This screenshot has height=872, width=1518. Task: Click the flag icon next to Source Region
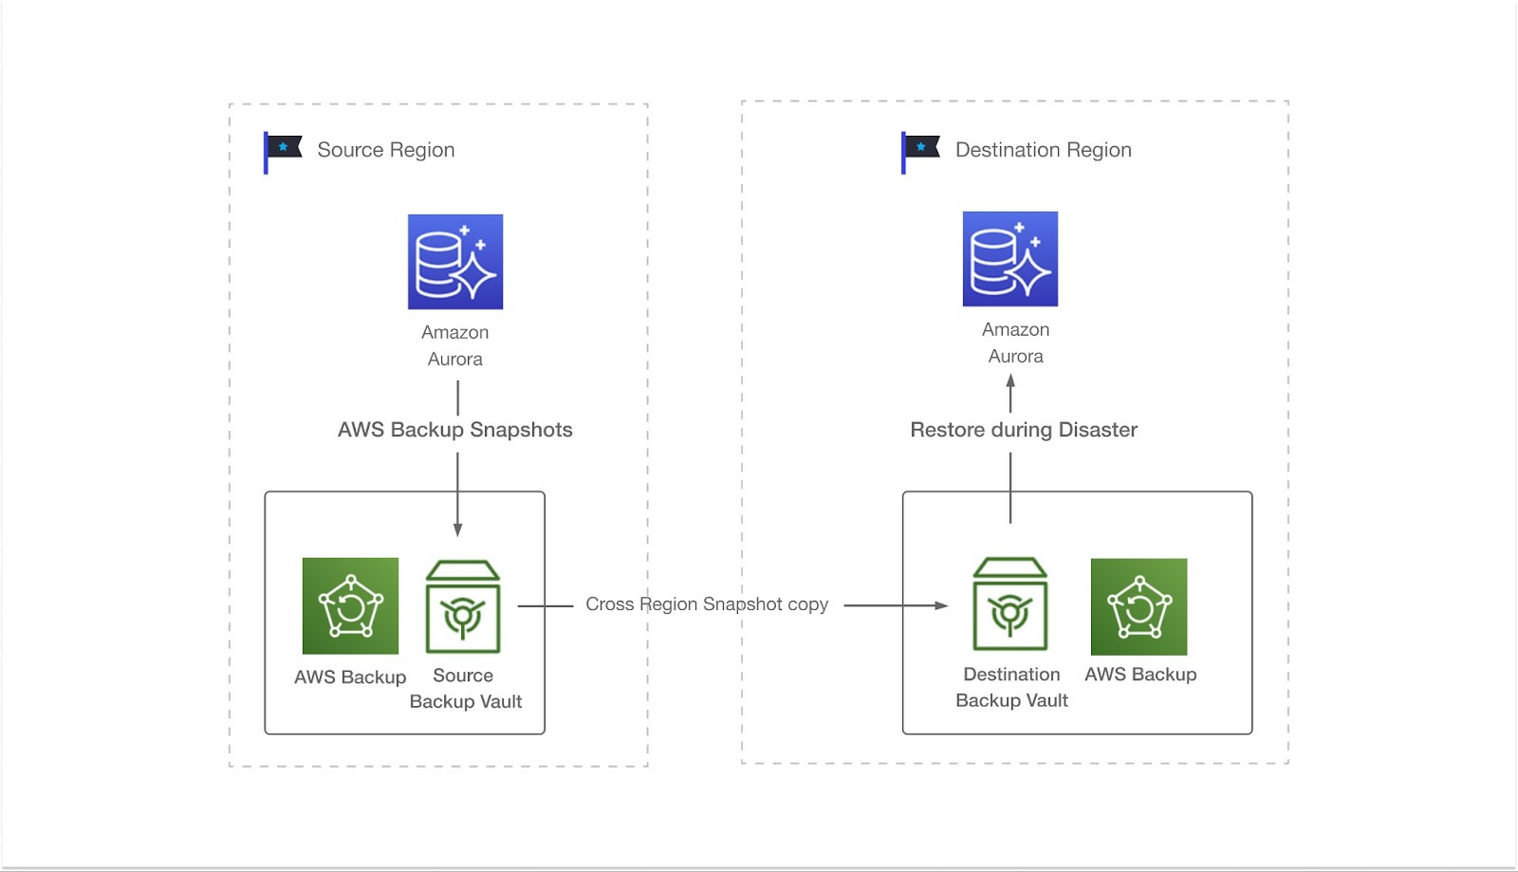[283, 150]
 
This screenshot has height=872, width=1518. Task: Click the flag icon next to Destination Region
[920, 150]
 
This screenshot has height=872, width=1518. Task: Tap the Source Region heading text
[385, 150]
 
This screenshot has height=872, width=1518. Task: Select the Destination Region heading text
[1043, 150]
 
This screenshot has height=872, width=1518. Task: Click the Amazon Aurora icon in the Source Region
[455, 262]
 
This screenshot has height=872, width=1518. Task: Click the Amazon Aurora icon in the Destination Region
[1009, 259]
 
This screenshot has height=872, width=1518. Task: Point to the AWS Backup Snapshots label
[454, 430]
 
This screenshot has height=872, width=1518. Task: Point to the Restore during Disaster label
[1023, 430]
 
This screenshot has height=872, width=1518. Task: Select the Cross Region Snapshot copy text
[707, 604]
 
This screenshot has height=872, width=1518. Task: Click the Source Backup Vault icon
[463, 607]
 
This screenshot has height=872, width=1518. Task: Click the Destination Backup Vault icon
[1010, 604]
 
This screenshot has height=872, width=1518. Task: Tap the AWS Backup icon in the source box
[350, 606]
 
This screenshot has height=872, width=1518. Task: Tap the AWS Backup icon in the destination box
[1138, 606]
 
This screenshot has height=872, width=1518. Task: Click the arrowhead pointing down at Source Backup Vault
[457, 529]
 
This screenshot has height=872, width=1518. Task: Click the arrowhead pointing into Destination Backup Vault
[941, 605]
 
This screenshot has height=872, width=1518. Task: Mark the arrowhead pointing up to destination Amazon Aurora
[1010, 380]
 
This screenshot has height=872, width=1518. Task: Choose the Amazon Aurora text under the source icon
[455, 345]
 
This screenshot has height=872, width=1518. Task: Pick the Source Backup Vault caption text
[465, 689]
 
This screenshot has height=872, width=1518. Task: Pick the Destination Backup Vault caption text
[1011, 687]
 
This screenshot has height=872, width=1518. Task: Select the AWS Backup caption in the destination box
[1140, 675]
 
